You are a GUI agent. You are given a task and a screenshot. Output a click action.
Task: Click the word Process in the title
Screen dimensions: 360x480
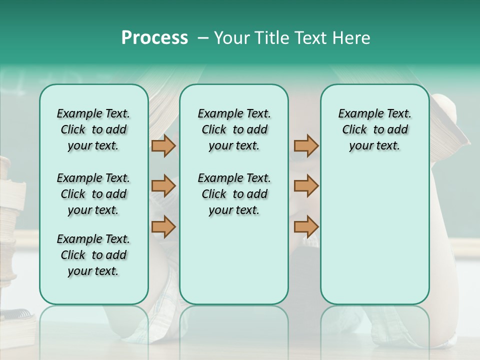[x=154, y=38]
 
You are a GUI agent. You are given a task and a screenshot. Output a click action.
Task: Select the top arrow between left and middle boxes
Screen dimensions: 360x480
[x=163, y=146]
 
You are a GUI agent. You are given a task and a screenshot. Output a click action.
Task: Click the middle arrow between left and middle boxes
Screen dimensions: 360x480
[x=163, y=186]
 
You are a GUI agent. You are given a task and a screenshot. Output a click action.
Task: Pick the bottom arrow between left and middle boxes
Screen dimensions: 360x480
[x=163, y=226]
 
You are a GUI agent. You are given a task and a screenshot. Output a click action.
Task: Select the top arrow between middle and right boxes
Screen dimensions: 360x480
[x=306, y=146]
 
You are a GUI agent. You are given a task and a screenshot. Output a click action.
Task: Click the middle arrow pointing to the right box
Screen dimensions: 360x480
[x=306, y=186]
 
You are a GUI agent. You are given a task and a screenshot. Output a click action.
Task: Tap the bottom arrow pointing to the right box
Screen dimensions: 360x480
[x=306, y=226]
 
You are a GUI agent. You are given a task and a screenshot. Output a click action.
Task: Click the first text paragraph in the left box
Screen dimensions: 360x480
[x=93, y=129]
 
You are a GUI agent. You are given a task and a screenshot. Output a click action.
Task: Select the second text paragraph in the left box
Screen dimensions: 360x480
[x=93, y=194]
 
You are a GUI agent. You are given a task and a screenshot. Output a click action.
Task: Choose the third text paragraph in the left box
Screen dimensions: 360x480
[x=93, y=255]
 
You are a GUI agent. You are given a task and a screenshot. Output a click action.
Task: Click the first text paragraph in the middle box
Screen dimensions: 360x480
[x=234, y=129]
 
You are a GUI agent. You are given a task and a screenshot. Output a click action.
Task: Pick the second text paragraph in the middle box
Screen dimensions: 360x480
[x=234, y=194]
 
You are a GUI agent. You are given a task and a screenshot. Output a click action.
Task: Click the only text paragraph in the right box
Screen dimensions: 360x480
[x=374, y=129]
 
